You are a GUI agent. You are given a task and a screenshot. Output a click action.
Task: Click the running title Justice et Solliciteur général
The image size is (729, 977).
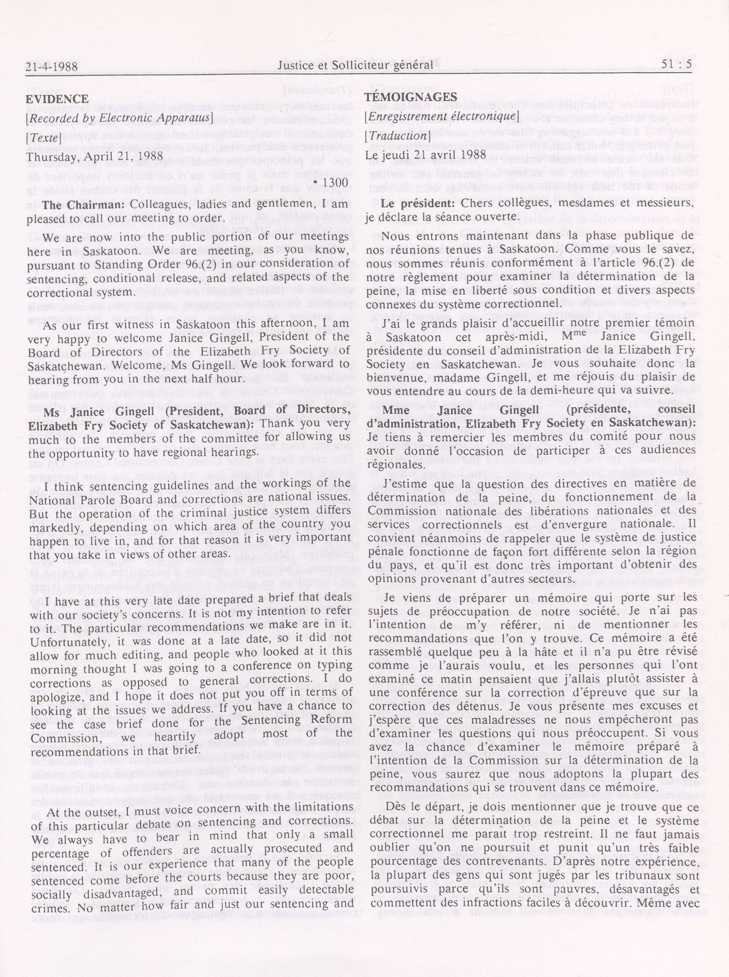[x=355, y=65]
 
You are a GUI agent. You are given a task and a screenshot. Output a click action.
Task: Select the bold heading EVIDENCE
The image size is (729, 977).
[x=57, y=99]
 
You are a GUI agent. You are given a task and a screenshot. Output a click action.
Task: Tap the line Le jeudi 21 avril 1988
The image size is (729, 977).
[x=425, y=155]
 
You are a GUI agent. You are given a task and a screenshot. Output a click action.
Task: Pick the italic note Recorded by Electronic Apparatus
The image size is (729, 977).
[x=120, y=118]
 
